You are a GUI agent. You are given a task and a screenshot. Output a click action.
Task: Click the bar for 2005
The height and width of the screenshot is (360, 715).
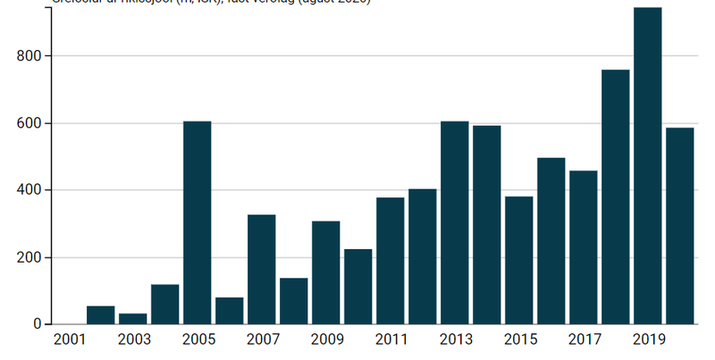coord(198,222)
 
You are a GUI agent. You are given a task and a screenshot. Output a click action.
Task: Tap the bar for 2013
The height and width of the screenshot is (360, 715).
coord(454,222)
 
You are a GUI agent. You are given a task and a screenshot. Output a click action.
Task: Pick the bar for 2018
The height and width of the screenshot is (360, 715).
coord(615,197)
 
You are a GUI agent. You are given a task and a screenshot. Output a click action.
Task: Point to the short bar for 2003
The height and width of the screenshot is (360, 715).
coord(133,319)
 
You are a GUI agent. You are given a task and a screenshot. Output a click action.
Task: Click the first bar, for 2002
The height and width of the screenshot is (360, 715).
coord(101,315)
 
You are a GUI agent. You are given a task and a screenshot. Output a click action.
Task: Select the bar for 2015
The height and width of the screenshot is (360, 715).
coord(518,260)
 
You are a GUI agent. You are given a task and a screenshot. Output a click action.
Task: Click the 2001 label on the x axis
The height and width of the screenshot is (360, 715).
coord(70,340)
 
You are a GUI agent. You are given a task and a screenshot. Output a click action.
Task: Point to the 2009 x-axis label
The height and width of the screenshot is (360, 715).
coord(326,340)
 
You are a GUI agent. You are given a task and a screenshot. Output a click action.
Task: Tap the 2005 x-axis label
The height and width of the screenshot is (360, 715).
coord(198,340)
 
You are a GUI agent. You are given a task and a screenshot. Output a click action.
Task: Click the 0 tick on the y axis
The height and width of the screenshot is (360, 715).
coord(36,324)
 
